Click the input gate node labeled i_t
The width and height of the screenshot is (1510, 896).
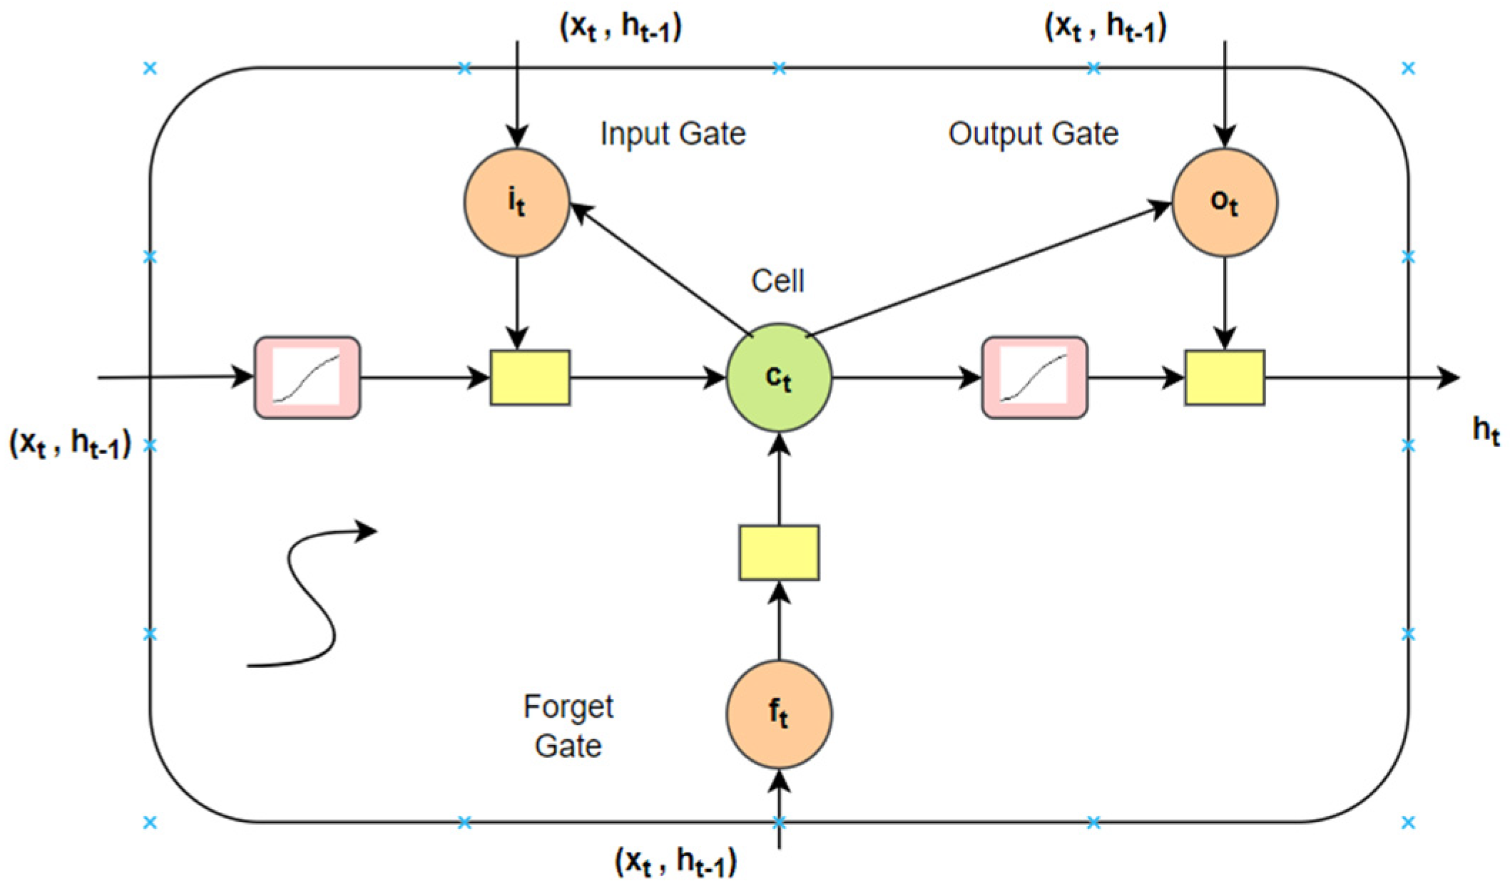point(517,202)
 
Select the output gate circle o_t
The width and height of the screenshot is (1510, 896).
point(1225,202)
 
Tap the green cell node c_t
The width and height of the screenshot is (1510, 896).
point(779,378)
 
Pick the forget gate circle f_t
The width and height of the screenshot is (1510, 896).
point(779,714)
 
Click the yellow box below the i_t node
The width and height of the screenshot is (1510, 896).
point(530,378)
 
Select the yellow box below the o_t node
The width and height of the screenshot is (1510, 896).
point(1225,378)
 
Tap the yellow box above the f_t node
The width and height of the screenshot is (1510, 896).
point(779,553)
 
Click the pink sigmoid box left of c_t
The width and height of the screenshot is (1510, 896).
point(307,378)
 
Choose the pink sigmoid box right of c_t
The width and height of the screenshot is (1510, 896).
point(1035,378)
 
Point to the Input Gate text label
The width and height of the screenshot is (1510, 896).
point(673,134)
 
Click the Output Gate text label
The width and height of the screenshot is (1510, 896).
point(1034,134)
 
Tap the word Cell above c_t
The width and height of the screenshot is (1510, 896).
point(777,281)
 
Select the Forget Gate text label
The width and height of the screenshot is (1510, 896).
point(568,726)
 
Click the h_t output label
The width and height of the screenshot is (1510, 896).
point(1486,431)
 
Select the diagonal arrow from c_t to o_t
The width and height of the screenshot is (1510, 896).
point(989,268)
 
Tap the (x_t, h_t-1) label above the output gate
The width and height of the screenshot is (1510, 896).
point(1106,27)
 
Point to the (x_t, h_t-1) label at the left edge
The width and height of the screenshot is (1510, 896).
point(70,443)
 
